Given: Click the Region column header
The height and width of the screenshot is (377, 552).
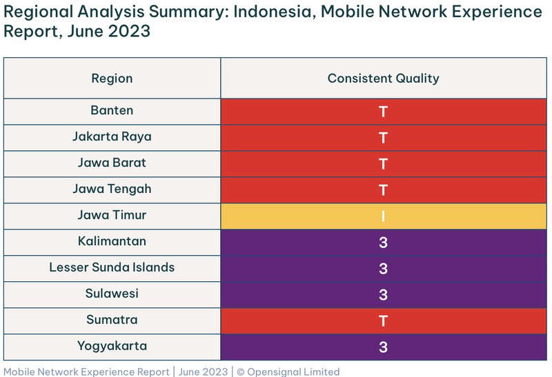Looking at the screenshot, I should click(112, 78).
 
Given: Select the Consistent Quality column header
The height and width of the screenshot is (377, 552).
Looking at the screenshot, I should click(383, 78).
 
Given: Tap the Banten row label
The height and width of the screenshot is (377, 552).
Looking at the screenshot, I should click(112, 110).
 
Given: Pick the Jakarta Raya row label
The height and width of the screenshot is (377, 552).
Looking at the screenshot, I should click(112, 136).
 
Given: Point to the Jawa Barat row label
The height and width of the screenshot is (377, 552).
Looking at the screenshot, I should click(112, 163).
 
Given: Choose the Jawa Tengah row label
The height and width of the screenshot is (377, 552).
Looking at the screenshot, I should click(112, 189).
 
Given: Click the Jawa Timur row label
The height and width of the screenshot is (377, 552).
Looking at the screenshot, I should click(112, 215).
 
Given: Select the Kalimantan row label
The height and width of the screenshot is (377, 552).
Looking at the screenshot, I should click(112, 241).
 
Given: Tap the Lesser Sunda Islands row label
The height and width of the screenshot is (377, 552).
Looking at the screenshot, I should click(112, 267).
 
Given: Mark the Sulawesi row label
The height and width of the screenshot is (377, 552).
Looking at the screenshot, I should click(112, 294).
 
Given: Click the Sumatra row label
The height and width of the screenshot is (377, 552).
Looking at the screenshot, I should click(112, 320).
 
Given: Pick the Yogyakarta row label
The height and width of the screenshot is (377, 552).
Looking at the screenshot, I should click(112, 346).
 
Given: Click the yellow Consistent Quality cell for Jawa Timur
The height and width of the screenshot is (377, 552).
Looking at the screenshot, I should click(383, 216).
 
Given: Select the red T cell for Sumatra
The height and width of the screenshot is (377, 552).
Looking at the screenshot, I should click(383, 320).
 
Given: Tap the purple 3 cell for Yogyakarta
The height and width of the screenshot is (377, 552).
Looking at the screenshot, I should click(383, 347).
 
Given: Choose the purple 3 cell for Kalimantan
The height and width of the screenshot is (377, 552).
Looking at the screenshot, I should click(383, 242).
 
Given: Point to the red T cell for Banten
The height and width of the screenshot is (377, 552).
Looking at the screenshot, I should click(383, 111).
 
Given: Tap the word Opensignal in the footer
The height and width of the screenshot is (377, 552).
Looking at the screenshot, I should click(276, 371).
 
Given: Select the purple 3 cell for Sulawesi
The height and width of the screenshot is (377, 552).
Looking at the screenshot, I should click(383, 294).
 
